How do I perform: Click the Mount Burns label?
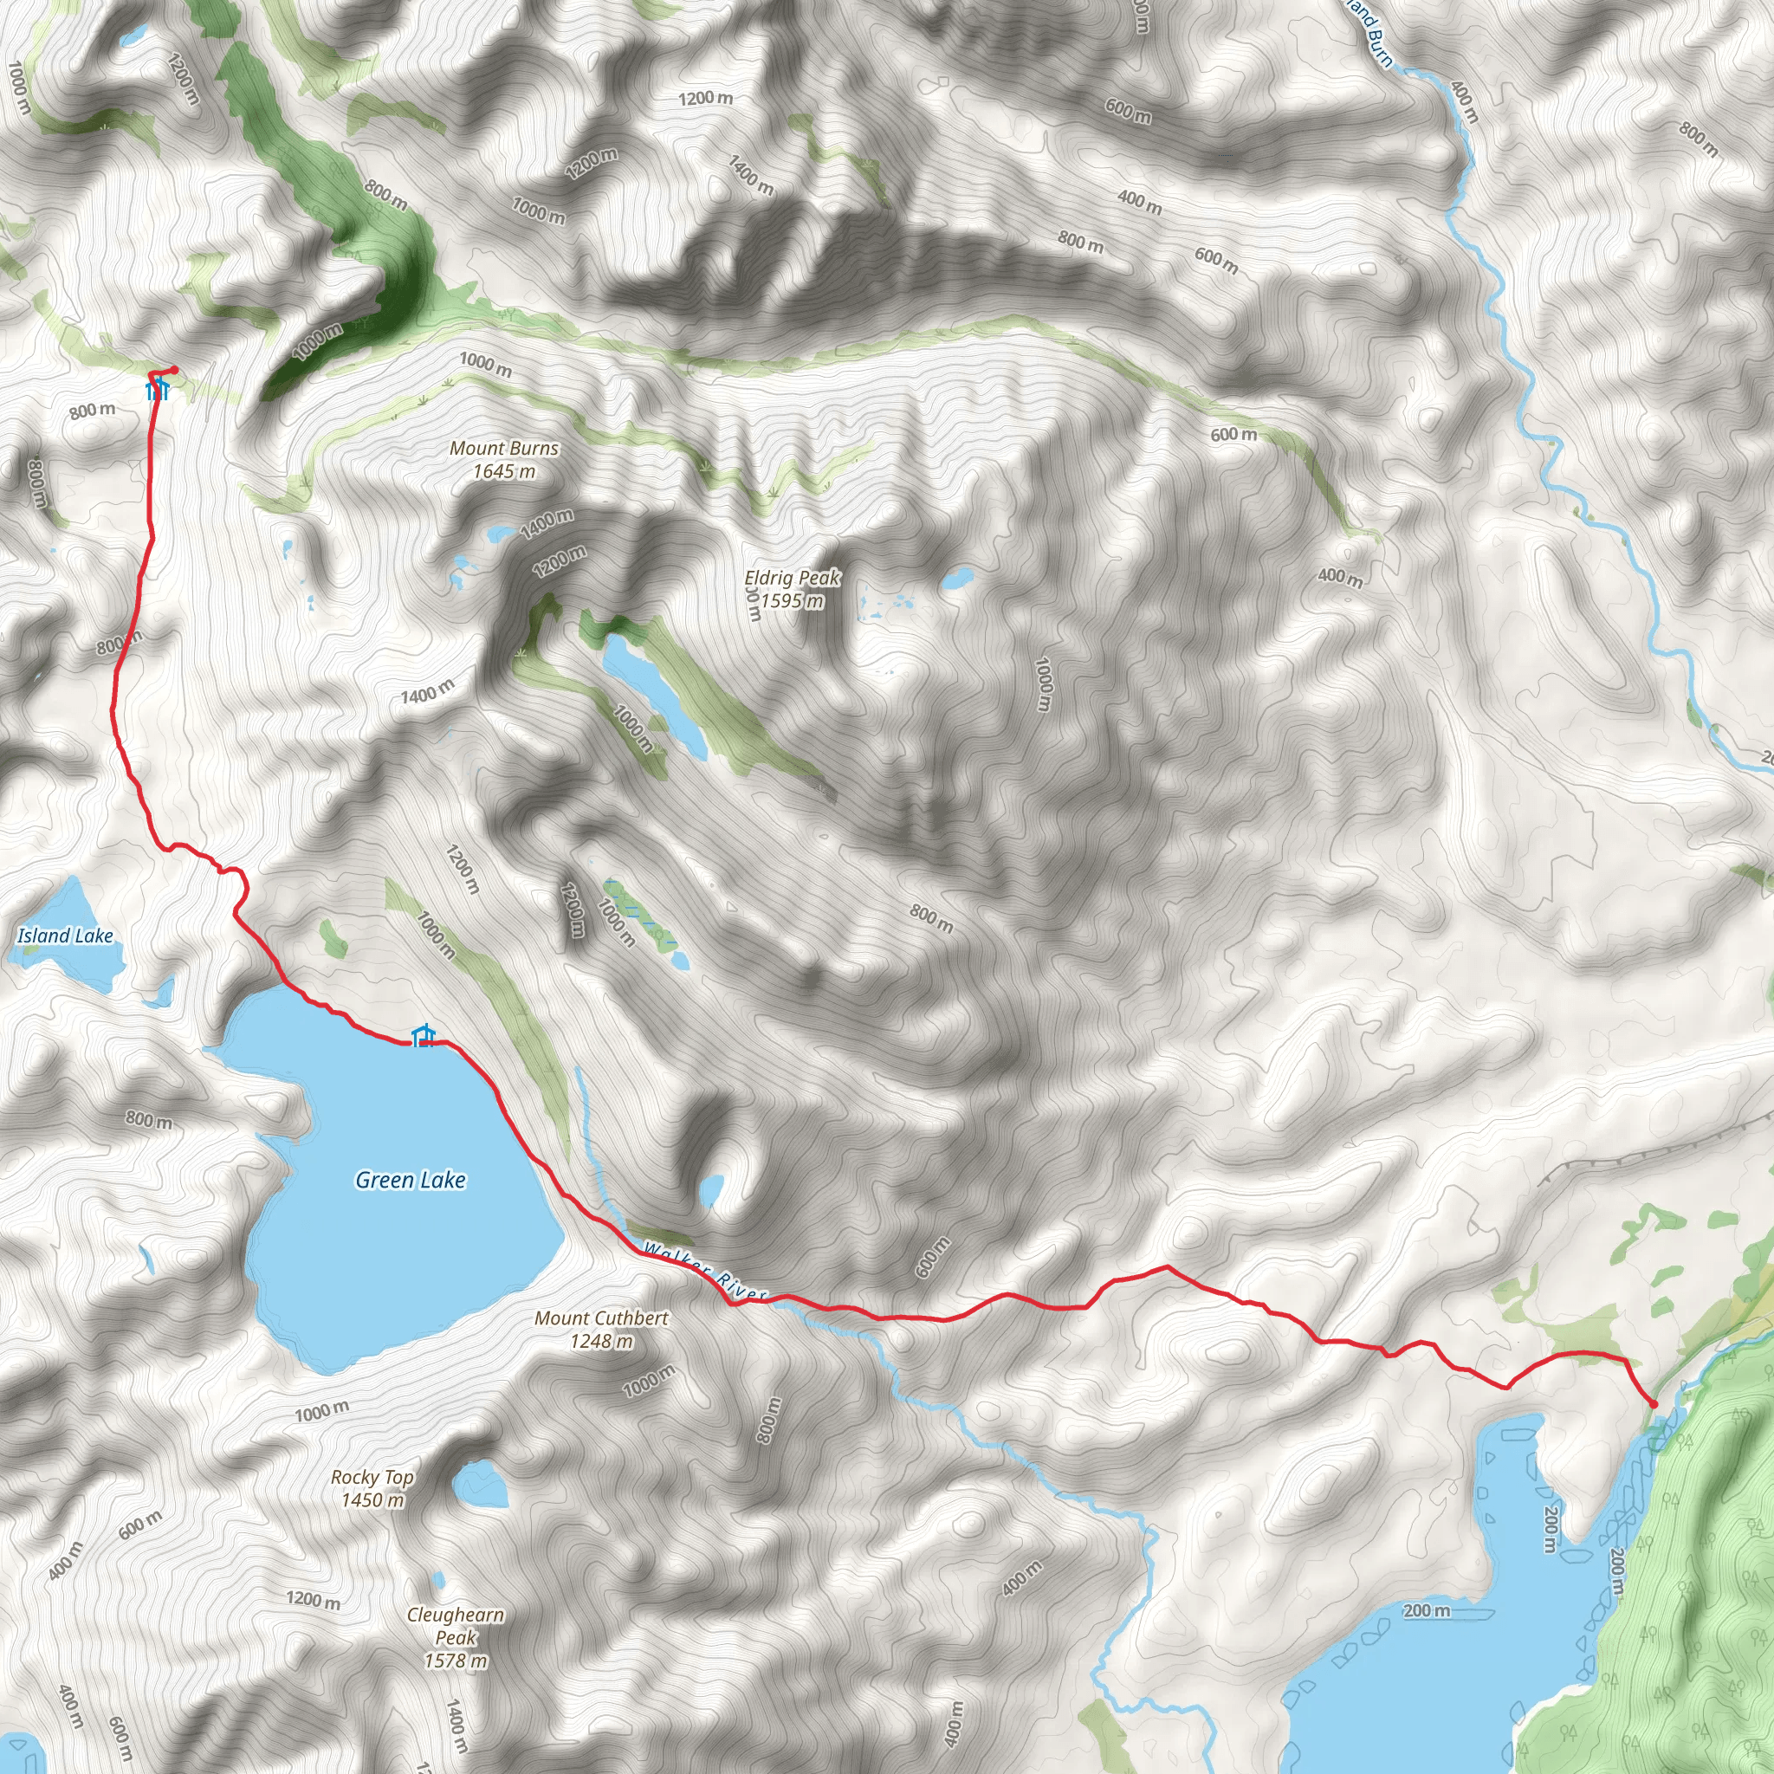tap(504, 448)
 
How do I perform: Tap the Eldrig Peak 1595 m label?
tap(792, 588)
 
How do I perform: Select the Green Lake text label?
tap(411, 1180)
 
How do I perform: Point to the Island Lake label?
tap(65, 936)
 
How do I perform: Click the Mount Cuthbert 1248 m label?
tap(601, 1329)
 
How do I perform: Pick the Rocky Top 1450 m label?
tap(372, 1487)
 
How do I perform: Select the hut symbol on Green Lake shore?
tap(423, 1036)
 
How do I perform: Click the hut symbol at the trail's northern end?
tap(158, 389)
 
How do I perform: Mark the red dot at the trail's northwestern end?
tap(174, 370)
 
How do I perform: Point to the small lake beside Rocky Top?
tap(480, 1485)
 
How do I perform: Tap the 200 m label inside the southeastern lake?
tap(1426, 1610)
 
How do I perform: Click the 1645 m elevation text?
tap(504, 471)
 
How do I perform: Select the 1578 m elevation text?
tap(456, 1661)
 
